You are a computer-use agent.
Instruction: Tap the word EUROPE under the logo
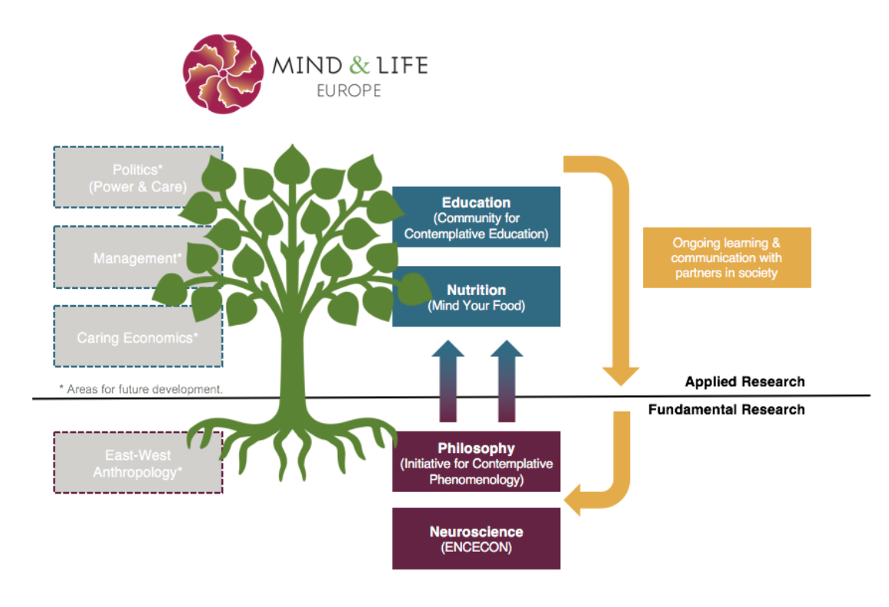pyautogui.click(x=349, y=90)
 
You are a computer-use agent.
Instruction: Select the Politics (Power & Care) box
pyautogui.click(x=138, y=177)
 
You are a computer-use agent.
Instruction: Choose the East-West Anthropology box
pyautogui.click(x=138, y=463)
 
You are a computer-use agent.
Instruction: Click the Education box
pyautogui.click(x=476, y=218)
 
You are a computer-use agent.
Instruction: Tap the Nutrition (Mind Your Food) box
pyautogui.click(x=476, y=297)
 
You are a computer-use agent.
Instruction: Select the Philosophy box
pyautogui.click(x=476, y=462)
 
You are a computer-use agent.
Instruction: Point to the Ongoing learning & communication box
pyautogui.click(x=727, y=258)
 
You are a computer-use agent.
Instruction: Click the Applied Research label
pyautogui.click(x=744, y=382)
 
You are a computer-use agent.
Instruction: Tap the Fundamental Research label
pyautogui.click(x=726, y=410)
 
